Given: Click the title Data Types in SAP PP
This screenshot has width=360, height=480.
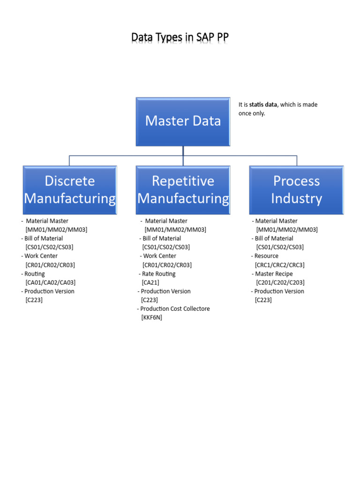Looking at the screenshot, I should [180, 37].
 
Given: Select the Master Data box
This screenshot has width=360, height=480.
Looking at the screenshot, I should [183, 121].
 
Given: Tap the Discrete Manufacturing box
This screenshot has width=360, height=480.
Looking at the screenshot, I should [69, 190].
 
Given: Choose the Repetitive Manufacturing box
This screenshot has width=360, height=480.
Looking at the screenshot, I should [183, 190].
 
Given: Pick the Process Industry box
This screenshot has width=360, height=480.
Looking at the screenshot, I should [296, 190].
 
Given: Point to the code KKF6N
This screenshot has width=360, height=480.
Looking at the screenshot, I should [151, 318].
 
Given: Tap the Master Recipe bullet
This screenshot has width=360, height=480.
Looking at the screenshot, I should [274, 274].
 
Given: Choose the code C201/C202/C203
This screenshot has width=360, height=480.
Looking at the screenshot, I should [280, 283].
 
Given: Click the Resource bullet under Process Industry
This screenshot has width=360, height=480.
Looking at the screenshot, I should [266, 256].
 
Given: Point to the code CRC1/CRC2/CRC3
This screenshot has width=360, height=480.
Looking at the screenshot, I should [280, 265].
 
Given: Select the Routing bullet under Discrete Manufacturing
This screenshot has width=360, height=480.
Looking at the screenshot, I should [34, 274].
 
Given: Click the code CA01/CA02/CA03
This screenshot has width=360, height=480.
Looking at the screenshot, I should [51, 283].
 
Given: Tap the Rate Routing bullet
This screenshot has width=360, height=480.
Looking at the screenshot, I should [158, 274].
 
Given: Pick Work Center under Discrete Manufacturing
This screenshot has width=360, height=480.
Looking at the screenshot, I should [41, 256].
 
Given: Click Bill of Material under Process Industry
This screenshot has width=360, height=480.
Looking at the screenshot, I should [274, 238].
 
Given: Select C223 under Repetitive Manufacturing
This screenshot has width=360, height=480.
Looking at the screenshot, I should [150, 300].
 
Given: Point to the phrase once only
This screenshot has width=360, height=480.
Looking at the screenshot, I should [252, 113].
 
